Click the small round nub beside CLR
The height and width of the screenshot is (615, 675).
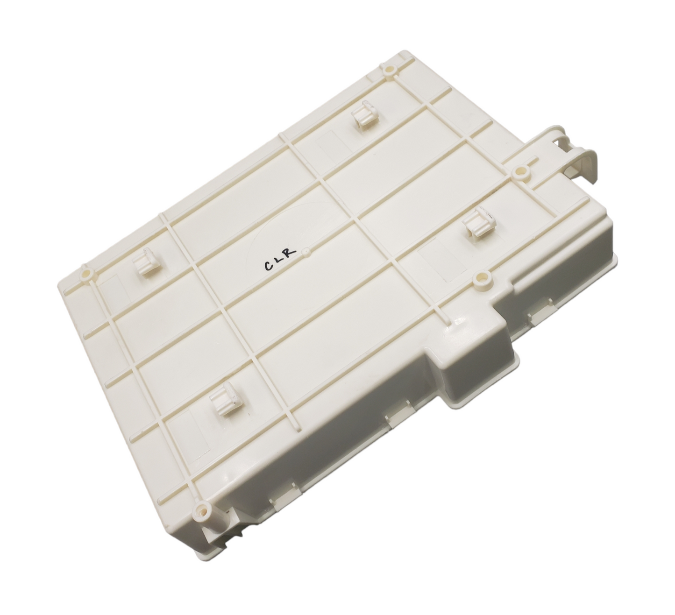click(305, 251)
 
